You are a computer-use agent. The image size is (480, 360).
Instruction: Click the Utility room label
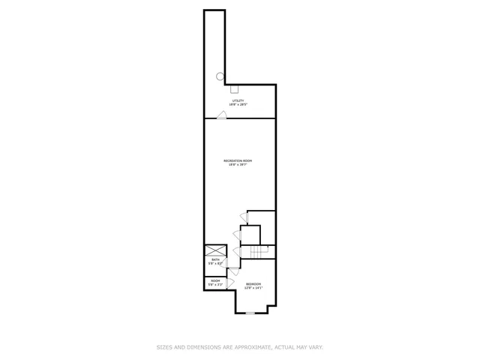coord(237,101)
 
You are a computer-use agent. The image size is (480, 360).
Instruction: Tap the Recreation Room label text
coord(237,161)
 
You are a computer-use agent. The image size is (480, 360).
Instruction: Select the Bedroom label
coord(253,283)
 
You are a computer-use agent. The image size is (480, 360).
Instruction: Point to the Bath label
coord(215,259)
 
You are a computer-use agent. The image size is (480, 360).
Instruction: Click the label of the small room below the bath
coord(215,280)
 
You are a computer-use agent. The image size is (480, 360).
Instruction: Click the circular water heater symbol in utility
coord(220,76)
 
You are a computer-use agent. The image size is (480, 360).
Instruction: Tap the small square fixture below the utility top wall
coord(234,87)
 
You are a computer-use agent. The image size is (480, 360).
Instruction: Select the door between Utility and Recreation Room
coord(222,115)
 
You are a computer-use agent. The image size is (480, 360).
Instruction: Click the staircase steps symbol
coord(259,252)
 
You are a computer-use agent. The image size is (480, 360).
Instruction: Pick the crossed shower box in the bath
coord(215,250)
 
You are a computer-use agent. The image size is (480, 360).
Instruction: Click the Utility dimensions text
coord(237,105)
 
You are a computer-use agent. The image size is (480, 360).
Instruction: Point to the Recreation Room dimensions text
coord(237,165)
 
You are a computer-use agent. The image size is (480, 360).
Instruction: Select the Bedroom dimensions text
coord(253,287)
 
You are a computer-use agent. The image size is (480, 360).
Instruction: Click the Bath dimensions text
coord(215,263)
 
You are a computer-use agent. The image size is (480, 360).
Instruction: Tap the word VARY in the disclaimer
coord(315,347)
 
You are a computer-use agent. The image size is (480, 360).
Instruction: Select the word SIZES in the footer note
coord(163,347)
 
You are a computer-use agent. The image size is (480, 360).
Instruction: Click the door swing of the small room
coord(230,283)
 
